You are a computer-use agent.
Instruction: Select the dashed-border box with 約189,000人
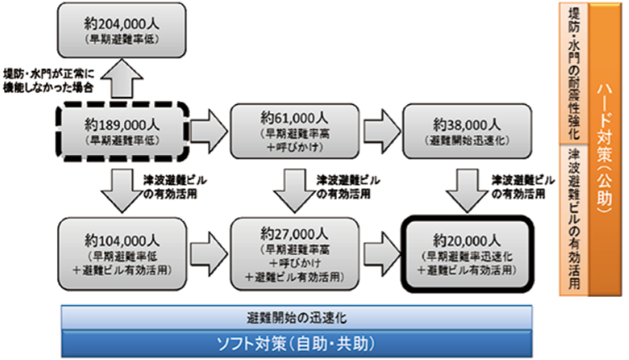[x=120, y=131]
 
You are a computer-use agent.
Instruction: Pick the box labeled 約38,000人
[x=467, y=131]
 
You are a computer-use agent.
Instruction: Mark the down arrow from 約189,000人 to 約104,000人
[x=121, y=191]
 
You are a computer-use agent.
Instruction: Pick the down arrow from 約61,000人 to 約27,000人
[x=294, y=191]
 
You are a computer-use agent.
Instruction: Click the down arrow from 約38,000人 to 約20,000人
[x=467, y=191]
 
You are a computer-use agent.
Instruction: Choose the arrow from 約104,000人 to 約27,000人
[x=207, y=248]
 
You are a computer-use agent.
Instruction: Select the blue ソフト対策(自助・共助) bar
[x=297, y=342]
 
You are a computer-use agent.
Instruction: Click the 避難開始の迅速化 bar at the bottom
[x=297, y=317]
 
